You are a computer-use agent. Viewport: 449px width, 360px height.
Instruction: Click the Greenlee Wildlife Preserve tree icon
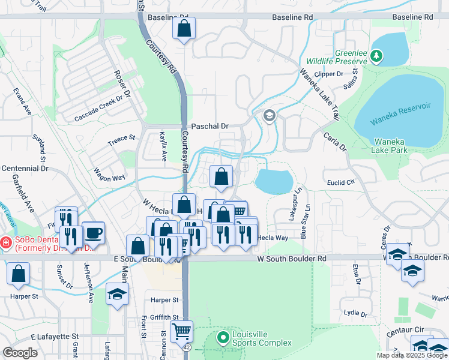pos(376,56)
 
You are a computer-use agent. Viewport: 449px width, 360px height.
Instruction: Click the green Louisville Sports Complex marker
pos(223,338)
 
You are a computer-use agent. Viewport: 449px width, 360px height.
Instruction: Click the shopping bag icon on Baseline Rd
pos(184,28)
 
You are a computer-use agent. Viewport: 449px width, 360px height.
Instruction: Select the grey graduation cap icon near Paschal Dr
pos(269,115)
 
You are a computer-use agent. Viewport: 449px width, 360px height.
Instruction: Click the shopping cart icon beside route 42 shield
pos(181,331)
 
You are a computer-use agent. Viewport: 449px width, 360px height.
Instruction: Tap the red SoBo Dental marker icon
pos(5,243)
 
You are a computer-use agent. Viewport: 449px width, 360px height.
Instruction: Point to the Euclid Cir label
pos(343,180)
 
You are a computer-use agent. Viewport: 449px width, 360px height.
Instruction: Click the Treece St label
pos(121,140)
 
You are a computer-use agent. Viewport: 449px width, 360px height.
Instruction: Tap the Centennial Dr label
pos(25,169)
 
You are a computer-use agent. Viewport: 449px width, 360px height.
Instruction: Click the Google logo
pos(20,353)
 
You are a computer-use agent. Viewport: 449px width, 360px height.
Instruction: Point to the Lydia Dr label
pos(355,313)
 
